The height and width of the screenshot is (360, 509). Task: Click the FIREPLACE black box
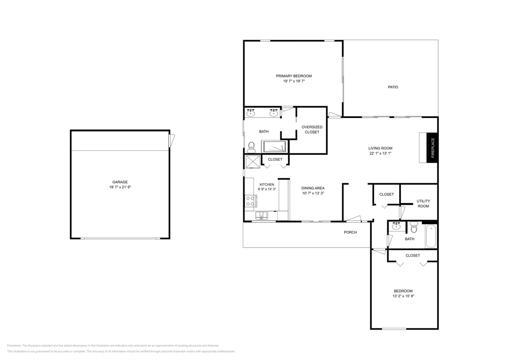tap(432, 148)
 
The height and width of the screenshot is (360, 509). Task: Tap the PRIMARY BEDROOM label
tap(294, 76)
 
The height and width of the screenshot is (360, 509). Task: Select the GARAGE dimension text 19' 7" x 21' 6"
tap(120, 187)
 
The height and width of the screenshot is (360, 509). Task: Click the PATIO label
tap(393, 87)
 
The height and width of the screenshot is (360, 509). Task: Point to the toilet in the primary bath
tap(251, 147)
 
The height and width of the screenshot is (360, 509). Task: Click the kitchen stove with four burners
tap(250, 201)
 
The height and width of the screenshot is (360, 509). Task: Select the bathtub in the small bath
tap(431, 236)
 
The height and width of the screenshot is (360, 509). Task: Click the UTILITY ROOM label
tap(423, 204)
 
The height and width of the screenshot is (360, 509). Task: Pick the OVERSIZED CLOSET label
tap(312, 130)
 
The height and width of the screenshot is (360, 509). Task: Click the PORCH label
tap(350, 232)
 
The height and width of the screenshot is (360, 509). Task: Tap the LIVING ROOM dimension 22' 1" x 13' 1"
tap(380, 153)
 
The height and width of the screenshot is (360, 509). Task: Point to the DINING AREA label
tap(313, 188)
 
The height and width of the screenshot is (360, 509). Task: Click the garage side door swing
tap(172, 140)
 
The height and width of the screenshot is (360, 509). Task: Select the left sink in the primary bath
tap(250, 114)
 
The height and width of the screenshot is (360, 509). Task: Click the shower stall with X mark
tap(252, 162)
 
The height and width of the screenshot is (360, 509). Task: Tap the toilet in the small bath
tap(414, 228)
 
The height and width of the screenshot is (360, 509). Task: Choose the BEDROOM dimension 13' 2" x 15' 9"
tap(403, 296)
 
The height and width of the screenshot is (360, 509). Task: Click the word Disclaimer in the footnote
tap(14, 346)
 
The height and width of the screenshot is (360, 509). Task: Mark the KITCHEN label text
tap(267, 184)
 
